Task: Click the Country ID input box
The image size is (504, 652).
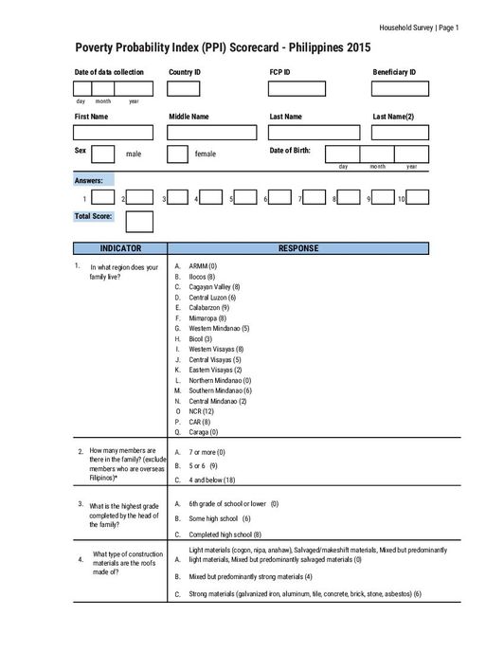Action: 184,89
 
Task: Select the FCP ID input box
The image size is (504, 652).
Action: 296,89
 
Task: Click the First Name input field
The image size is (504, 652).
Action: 113,133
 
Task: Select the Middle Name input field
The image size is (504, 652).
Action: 212,133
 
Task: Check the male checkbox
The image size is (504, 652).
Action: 104,154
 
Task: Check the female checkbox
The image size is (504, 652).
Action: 177,154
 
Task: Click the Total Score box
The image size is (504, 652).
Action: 139,221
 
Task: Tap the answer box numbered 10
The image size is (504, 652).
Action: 418,198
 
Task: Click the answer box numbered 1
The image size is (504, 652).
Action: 104,198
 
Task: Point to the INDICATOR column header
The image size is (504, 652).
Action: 120,248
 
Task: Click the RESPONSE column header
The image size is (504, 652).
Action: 297,248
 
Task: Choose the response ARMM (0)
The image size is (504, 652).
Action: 203,266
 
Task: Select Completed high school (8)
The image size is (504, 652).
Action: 225,534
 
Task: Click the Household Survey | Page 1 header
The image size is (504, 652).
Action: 418,27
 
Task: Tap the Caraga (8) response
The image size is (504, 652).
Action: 203,432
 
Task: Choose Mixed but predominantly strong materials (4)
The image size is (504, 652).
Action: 250,576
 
